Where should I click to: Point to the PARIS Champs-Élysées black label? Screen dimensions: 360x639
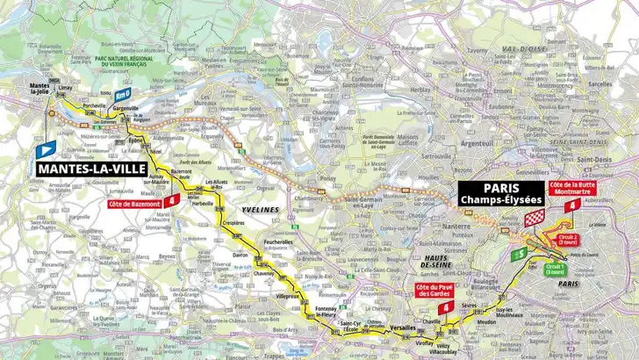[500, 193]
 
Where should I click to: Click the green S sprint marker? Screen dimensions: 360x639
[521, 253]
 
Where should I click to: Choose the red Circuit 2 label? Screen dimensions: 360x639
[569, 239]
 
